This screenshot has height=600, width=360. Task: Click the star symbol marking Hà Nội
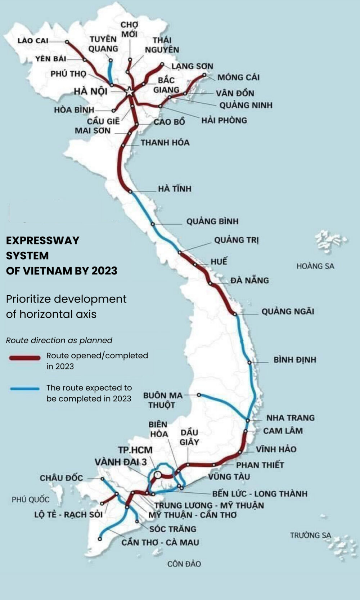tap(129, 91)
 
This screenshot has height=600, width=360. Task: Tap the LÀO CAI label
tap(33, 41)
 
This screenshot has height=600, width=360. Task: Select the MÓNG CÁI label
tap(238, 77)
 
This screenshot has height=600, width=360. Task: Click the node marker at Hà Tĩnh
tap(130, 192)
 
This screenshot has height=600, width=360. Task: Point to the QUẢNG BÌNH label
tap(212, 221)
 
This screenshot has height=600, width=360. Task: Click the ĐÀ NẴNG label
tap(249, 280)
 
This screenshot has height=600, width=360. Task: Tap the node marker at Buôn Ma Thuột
tap(199, 395)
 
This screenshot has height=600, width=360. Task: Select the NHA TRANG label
tap(290, 418)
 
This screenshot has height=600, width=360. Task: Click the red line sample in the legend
tap(25, 358)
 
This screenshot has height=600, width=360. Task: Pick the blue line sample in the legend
tap(25, 389)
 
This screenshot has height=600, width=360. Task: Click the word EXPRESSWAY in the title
tap(42, 241)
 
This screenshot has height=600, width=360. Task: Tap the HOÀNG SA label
tap(315, 266)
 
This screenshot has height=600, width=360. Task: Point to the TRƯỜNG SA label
tap(310, 535)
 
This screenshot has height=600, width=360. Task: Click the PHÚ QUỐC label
tap(31, 500)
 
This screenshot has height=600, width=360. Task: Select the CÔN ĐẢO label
tap(184, 564)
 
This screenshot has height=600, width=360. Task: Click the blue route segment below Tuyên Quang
tap(110, 72)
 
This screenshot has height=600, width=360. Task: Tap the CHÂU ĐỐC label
tap(61, 478)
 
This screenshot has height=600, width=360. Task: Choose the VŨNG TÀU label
tap(229, 476)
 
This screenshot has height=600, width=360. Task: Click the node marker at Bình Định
tap(249, 362)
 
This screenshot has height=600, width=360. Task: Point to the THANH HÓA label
tap(165, 143)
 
